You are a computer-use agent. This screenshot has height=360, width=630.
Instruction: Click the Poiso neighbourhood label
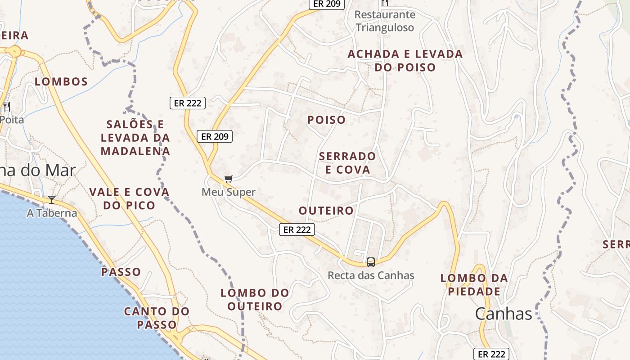pyautogui.click(x=326, y=120)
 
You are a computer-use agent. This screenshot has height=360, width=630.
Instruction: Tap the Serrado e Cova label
pyautogui.click(x=347, y=163)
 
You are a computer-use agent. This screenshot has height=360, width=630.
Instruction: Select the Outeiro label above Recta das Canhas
pyautogui.click(x=326, y=211)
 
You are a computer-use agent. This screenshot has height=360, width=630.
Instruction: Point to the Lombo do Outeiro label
pyautogui.click(x=255, y=300)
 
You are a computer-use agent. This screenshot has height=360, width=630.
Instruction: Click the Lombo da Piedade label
pyautogui.click(x=474, y=285)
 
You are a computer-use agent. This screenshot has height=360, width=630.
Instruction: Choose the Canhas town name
pyautogui.click(x=504, y=314)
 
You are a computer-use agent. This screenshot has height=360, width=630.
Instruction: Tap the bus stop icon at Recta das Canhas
pyautogui.click(x=371, y=262)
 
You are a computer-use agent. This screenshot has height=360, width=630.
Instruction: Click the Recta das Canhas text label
pyautogui.click(x=371, y=275)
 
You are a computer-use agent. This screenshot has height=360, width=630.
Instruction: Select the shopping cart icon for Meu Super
pyautogui.click(x=229, y=179)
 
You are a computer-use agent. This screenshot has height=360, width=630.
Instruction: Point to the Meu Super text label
pyautogui.click(x=229, y=192)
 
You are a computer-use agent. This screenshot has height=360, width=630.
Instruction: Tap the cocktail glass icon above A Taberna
pyautogui.click(x=52, y=200)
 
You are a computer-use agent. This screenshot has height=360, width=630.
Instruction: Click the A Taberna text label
pyautogui.click(x=52, y=213)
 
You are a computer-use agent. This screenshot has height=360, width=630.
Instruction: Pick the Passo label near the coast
pyautogui.click(x=121, y=272)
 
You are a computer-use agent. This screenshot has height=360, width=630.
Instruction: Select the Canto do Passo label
pyautogui.click(x=157, y=318)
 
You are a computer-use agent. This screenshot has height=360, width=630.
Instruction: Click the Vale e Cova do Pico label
pyautogui.click(x=129, y=199)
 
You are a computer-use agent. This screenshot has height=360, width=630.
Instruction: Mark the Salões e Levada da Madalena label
pyautogui.click(x=135, y=138)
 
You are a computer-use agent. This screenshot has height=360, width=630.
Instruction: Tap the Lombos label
pyautogui.click(x=61, y=82)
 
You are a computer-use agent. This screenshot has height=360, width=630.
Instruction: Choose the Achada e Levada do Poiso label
pyautogui.click(x=405, y=61)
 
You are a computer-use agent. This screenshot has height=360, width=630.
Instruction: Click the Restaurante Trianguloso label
pyautogui.click(x=385, y=21)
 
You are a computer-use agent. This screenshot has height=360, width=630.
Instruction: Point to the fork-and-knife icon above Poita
pyautogui.click(x=6, y=107)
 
